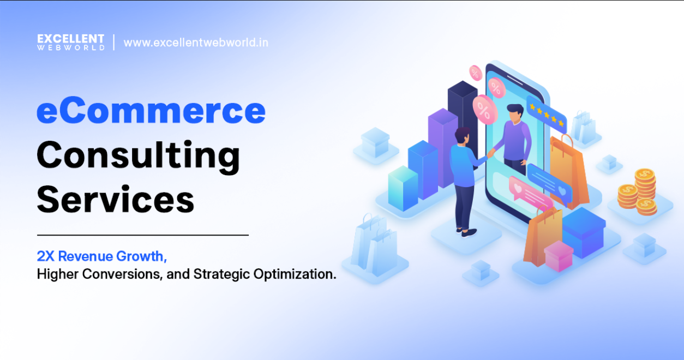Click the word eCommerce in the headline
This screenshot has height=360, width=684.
151,111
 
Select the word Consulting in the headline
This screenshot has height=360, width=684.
138,155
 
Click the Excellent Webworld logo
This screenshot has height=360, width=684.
71,42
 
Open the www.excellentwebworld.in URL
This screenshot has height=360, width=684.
196,43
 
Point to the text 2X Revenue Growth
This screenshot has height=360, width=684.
101,256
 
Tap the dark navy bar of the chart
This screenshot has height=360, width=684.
463,109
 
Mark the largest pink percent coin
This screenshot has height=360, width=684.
484,109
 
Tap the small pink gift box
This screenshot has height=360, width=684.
559,256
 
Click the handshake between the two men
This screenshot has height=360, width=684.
490,154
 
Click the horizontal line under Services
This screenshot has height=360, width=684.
142,235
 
